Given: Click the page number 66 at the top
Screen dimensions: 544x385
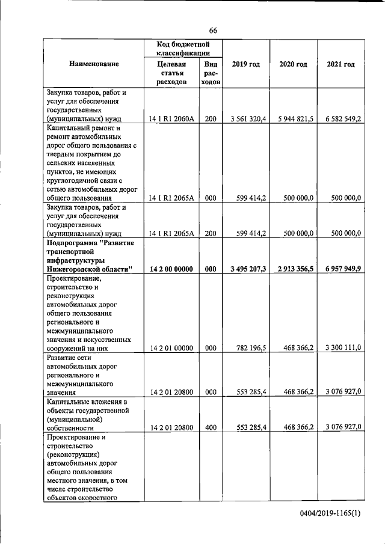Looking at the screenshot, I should click(213, 31).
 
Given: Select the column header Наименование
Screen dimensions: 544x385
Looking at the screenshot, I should click(94, 64).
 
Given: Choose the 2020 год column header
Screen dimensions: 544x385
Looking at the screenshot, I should click(293, 64).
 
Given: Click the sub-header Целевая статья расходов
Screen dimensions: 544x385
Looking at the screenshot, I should click(171, 73).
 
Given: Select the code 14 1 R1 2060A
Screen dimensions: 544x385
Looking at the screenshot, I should click(171, 119).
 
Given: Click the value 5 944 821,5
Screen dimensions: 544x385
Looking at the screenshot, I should click(294, 119).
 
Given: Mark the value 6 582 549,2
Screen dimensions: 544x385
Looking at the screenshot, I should click(340, 119).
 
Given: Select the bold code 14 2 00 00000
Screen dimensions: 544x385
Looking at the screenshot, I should click(171, 269).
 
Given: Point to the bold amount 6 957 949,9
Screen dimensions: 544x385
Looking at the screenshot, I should click(340, 269).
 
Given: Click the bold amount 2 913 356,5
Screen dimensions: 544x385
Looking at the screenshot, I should click(294, 269).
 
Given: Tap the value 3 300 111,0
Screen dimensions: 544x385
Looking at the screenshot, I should click(341, 347).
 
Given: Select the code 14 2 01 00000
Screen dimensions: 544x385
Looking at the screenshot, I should click(171, 347).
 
